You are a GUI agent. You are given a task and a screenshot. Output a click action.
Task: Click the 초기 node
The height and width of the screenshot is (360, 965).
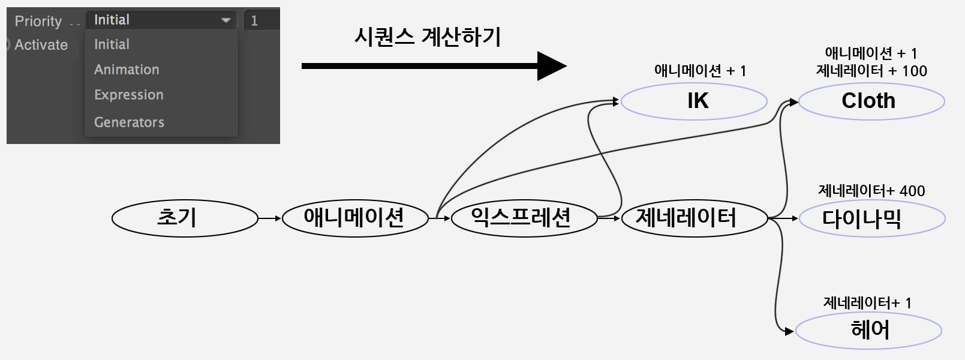tap(185, 218)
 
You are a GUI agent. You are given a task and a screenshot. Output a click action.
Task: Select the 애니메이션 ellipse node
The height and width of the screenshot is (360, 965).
tap(355, 218)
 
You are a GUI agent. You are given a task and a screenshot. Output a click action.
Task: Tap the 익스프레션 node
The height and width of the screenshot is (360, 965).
tap(524, 218)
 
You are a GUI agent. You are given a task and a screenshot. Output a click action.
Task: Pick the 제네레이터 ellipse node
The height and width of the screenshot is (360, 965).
tap(695, 218)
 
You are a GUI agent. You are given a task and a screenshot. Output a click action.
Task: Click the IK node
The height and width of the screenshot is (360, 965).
tap(694, 101)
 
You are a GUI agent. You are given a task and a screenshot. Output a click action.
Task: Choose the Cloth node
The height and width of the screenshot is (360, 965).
tap(871, 101)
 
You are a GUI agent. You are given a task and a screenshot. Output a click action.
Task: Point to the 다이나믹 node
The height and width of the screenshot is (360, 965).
tap(873, 218)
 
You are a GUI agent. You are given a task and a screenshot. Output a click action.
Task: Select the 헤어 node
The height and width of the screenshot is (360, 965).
tap(868, 330)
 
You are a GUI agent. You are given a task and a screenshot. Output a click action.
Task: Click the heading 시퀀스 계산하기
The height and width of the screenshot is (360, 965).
tap(428, 37)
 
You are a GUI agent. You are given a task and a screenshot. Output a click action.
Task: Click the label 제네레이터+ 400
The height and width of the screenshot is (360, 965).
tap(871, 191)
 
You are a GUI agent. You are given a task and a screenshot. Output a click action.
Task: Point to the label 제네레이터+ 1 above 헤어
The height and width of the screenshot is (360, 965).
tap(867, 302)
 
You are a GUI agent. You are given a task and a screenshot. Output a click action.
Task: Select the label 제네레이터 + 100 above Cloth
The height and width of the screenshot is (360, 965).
tap(871, 70)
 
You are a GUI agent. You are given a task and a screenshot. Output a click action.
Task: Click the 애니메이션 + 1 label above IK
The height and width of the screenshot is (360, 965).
tap(700, 70)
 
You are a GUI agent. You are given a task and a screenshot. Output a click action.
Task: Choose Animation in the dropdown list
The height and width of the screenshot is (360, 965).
tap(127, 70)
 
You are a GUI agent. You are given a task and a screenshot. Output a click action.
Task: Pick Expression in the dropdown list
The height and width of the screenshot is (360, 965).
tap(129, 95)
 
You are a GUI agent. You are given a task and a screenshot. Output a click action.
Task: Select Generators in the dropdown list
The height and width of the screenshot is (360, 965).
tap(129, 122)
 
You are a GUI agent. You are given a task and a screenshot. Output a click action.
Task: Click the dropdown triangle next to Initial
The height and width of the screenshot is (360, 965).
tap(226, 20)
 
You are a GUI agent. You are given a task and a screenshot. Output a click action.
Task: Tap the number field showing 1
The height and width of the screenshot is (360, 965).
tap(262, 20)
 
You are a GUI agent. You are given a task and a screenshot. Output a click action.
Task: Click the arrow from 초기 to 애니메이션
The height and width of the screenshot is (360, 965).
tap(270, 218)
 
